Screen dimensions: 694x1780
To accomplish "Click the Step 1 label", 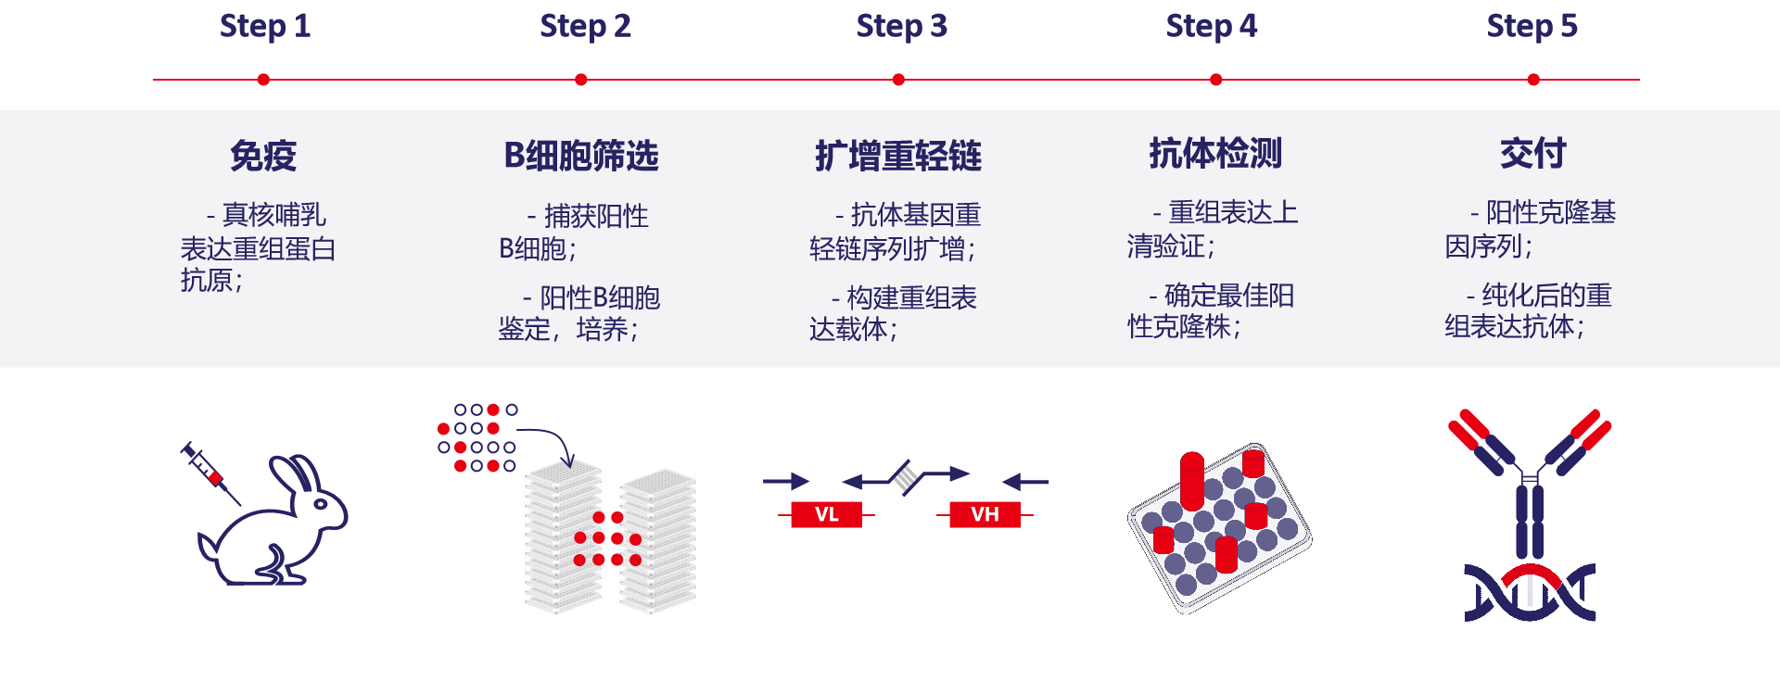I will (264, 26).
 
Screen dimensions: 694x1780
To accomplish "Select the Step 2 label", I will (585, 26).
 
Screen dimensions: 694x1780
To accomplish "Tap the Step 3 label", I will (901, 26).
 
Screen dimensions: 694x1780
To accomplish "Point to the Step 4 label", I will (1211, 26).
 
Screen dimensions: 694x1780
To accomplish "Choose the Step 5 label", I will (1532, 26).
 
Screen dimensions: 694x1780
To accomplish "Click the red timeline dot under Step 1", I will (264, 80).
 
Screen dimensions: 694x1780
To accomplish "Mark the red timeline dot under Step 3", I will (898, 80).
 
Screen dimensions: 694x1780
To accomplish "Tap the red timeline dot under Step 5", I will (1533, 80).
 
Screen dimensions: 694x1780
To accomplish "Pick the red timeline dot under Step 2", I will (581, 80).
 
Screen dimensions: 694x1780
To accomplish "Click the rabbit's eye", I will (320, 504).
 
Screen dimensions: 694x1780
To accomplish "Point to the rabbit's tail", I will (208, 546).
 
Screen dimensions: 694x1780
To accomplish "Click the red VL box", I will (826, 514).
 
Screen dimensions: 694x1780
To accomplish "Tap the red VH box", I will (985, 514).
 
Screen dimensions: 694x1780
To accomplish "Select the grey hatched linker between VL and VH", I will (906, 478).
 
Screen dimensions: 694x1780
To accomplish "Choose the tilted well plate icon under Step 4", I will (1219, 527).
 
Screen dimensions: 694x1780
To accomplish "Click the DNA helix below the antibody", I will (1530, 593).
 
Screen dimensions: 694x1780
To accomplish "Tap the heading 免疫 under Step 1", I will (263, 155).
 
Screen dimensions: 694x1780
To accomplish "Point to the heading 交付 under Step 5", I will (1532, 153).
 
